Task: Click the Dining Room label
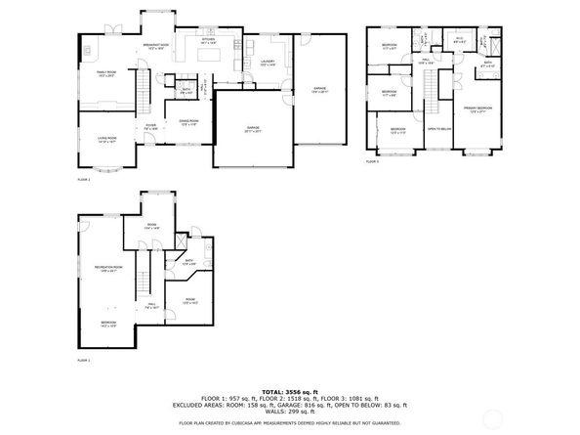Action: (189, 122)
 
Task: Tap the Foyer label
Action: (151, 125)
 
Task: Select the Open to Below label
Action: (438, 128)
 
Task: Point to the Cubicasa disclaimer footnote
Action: (289, 422)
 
